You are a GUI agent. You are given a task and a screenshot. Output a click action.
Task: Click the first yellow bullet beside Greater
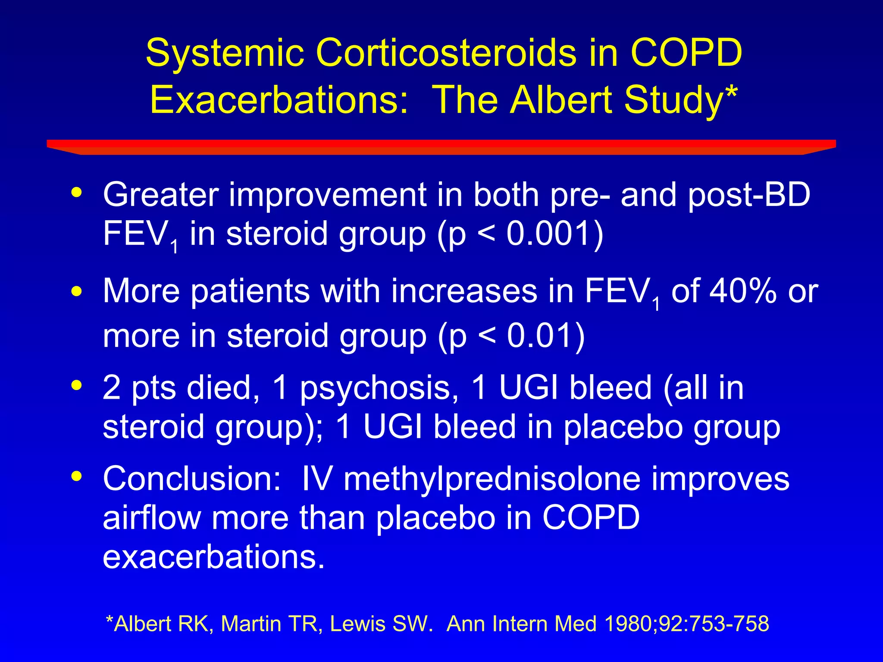[77, 192]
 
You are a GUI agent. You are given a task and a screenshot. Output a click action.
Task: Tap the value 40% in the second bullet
[743, 291]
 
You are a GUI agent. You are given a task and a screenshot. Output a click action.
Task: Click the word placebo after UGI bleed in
[623, 427]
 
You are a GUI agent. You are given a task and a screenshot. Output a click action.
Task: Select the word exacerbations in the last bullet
[213, 557]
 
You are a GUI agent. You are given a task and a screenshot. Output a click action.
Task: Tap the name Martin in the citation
[250, 624]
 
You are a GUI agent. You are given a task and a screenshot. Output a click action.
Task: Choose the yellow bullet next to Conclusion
[77, 476]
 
